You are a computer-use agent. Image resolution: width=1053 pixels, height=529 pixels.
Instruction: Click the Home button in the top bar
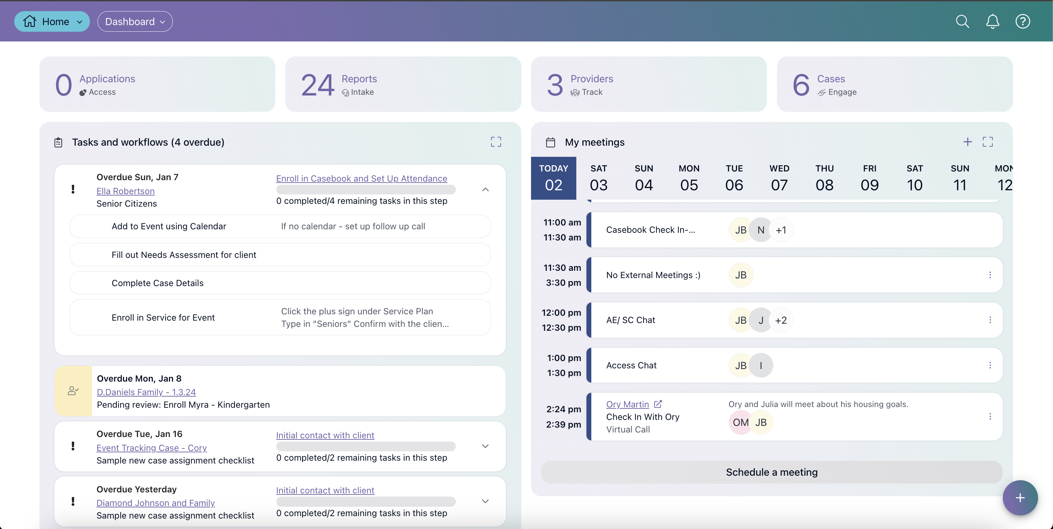[x=52, y=22]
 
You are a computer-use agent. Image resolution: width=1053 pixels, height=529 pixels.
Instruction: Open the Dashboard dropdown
[x=135, y=22]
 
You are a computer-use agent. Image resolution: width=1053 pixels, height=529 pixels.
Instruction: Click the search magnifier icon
[x=962, y=22]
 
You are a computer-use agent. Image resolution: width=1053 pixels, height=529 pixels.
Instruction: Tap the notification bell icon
[x=992, y=22]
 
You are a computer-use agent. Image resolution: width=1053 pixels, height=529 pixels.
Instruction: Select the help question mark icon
[x=1023, y=22]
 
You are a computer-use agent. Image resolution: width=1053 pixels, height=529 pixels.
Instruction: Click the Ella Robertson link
[x=125, y=191]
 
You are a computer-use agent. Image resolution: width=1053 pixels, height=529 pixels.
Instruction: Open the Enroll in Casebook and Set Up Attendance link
[x=361, y=179]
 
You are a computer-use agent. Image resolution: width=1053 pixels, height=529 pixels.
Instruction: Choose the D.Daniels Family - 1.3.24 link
[x=146, y=392]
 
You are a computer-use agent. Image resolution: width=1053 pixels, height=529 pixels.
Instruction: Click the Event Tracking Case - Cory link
[x=152, y=448]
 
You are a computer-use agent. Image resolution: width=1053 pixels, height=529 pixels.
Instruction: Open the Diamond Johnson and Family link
[x=156, y=503]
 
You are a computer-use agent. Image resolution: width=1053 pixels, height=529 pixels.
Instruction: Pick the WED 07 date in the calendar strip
[x=779, y=178]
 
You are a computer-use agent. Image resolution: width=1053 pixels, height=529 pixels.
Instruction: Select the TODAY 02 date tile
[x=553, y=178]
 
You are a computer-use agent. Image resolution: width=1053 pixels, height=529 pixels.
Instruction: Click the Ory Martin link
[x=628, y=404]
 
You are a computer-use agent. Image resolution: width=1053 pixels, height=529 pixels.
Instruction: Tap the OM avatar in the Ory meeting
[x=740, y=422]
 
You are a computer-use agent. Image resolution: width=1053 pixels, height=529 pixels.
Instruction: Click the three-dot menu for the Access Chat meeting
[x=990, y=365]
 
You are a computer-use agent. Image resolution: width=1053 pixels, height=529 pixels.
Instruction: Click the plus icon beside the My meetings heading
[x=968, y=142]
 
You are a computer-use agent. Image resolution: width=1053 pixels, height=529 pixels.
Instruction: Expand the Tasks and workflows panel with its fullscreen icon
[x=496, y=142]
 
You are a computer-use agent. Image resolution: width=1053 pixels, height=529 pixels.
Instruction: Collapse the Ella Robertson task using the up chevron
[x=485, y=190]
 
